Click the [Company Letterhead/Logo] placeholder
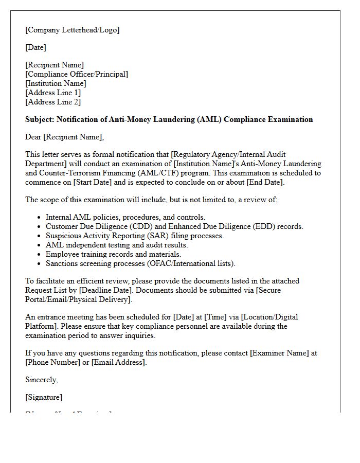(x=72, y=30)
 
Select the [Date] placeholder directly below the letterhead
(x=35, y=47)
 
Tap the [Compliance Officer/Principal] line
(x=77, y=74)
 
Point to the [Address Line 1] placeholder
(x=53, y=93)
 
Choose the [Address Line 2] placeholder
(x=53, y=102)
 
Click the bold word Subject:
(x=40, y=119)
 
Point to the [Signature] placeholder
(x=44, y=397)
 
